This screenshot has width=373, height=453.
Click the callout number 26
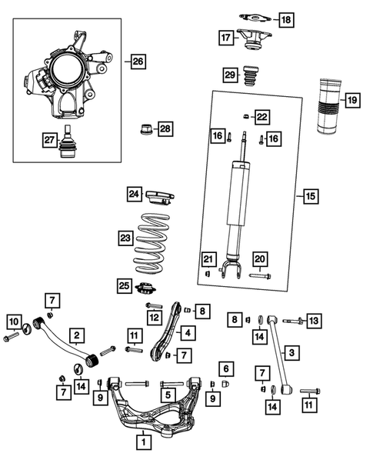click(138, 60)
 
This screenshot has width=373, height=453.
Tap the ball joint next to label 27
click(68, 140)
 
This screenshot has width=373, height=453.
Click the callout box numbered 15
click(310, 197)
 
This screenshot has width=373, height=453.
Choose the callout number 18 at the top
click(286, 18)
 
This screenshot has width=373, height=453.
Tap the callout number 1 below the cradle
click(143, 441)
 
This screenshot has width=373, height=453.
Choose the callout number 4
click(188, 333)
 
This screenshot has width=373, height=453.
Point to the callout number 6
click(225, 368)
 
